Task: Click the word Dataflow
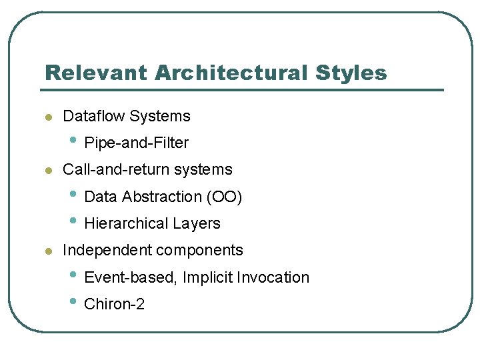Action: (93, 116)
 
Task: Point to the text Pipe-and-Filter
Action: (137, 143)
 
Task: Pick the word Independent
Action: (107, 250)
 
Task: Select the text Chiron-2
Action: (115, 304)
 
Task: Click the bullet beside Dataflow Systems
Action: (47, 117)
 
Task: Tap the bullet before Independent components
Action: (47, 251)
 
